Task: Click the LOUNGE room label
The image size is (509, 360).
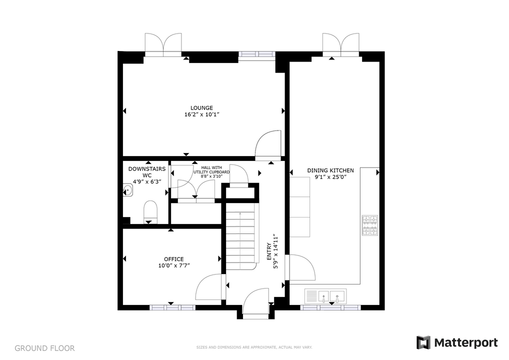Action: [201, 108]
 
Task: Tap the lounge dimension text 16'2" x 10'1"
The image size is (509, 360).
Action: [202, 114]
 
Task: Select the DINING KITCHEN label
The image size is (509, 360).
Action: [330, 170]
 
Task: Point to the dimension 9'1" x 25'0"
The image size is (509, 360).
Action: [330, 177]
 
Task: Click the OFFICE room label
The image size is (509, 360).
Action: [173, 259]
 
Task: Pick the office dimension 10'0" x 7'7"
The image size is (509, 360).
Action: [174, 265]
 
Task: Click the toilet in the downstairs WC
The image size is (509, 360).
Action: [150, 212]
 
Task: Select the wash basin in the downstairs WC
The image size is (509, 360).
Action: [128, 190]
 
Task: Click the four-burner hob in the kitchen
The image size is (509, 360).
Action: [370, 225]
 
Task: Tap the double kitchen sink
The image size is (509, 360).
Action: [325, 296]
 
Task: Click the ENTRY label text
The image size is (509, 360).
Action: [269, 251]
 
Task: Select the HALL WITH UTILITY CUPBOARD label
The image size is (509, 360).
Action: [211, 172]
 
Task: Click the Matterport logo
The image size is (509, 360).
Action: [457, 342]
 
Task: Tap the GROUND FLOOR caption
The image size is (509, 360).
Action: [45, 348]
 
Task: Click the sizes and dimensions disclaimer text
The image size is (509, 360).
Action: [254, 347]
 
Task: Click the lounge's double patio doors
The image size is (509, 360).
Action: [163, 44]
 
